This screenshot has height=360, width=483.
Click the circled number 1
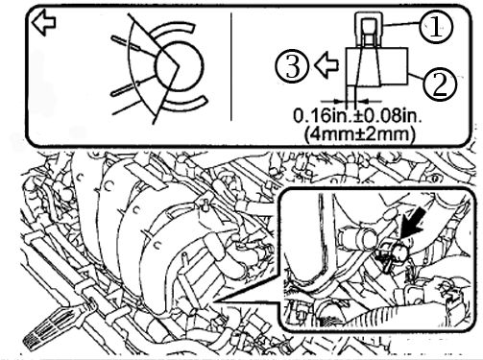tap(436, 27)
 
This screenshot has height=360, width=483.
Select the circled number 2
tap(440, 84)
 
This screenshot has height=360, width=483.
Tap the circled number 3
tap(293, 66)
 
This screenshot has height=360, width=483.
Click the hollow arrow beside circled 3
tap(326, 65)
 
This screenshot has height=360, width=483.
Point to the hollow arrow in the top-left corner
tap(44, 22)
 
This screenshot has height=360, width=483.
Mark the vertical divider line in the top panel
tap(231, 67)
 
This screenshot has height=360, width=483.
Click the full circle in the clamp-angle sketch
tap(179, 66)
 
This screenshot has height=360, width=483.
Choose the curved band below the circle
tap(185, 103)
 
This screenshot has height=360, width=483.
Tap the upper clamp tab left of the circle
tap(126, 43)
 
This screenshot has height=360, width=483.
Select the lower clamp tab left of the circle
tap(126, 88)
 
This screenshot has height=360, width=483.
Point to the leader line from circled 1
tap(401, 23)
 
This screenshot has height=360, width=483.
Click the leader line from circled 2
tap(416, 78)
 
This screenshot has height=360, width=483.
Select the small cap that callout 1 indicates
tap(369, 28)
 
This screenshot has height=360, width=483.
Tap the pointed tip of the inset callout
tap(214, 301)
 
